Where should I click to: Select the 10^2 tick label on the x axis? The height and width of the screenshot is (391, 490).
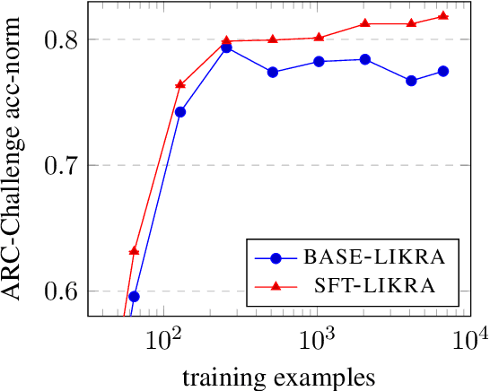click(164, 341)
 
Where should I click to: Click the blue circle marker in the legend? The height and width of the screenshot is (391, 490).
click(276, 258)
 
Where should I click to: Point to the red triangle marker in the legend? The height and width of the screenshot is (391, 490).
click(276, 284)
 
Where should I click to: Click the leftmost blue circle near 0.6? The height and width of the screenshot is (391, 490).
click(134, 296)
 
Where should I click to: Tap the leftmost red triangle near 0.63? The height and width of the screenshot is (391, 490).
click(134, 250)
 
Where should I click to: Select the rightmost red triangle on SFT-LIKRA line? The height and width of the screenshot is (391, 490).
click(442, 16)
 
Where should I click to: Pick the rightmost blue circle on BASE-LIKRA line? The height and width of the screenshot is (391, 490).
click(442, 71)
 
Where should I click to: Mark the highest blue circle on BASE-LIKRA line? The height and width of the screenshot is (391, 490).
click(226, 48)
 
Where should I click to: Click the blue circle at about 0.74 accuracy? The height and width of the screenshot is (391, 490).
click(180, 112)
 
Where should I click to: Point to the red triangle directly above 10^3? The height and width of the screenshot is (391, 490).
click(318, 37)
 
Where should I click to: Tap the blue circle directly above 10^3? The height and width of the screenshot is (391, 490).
click(318, 61)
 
